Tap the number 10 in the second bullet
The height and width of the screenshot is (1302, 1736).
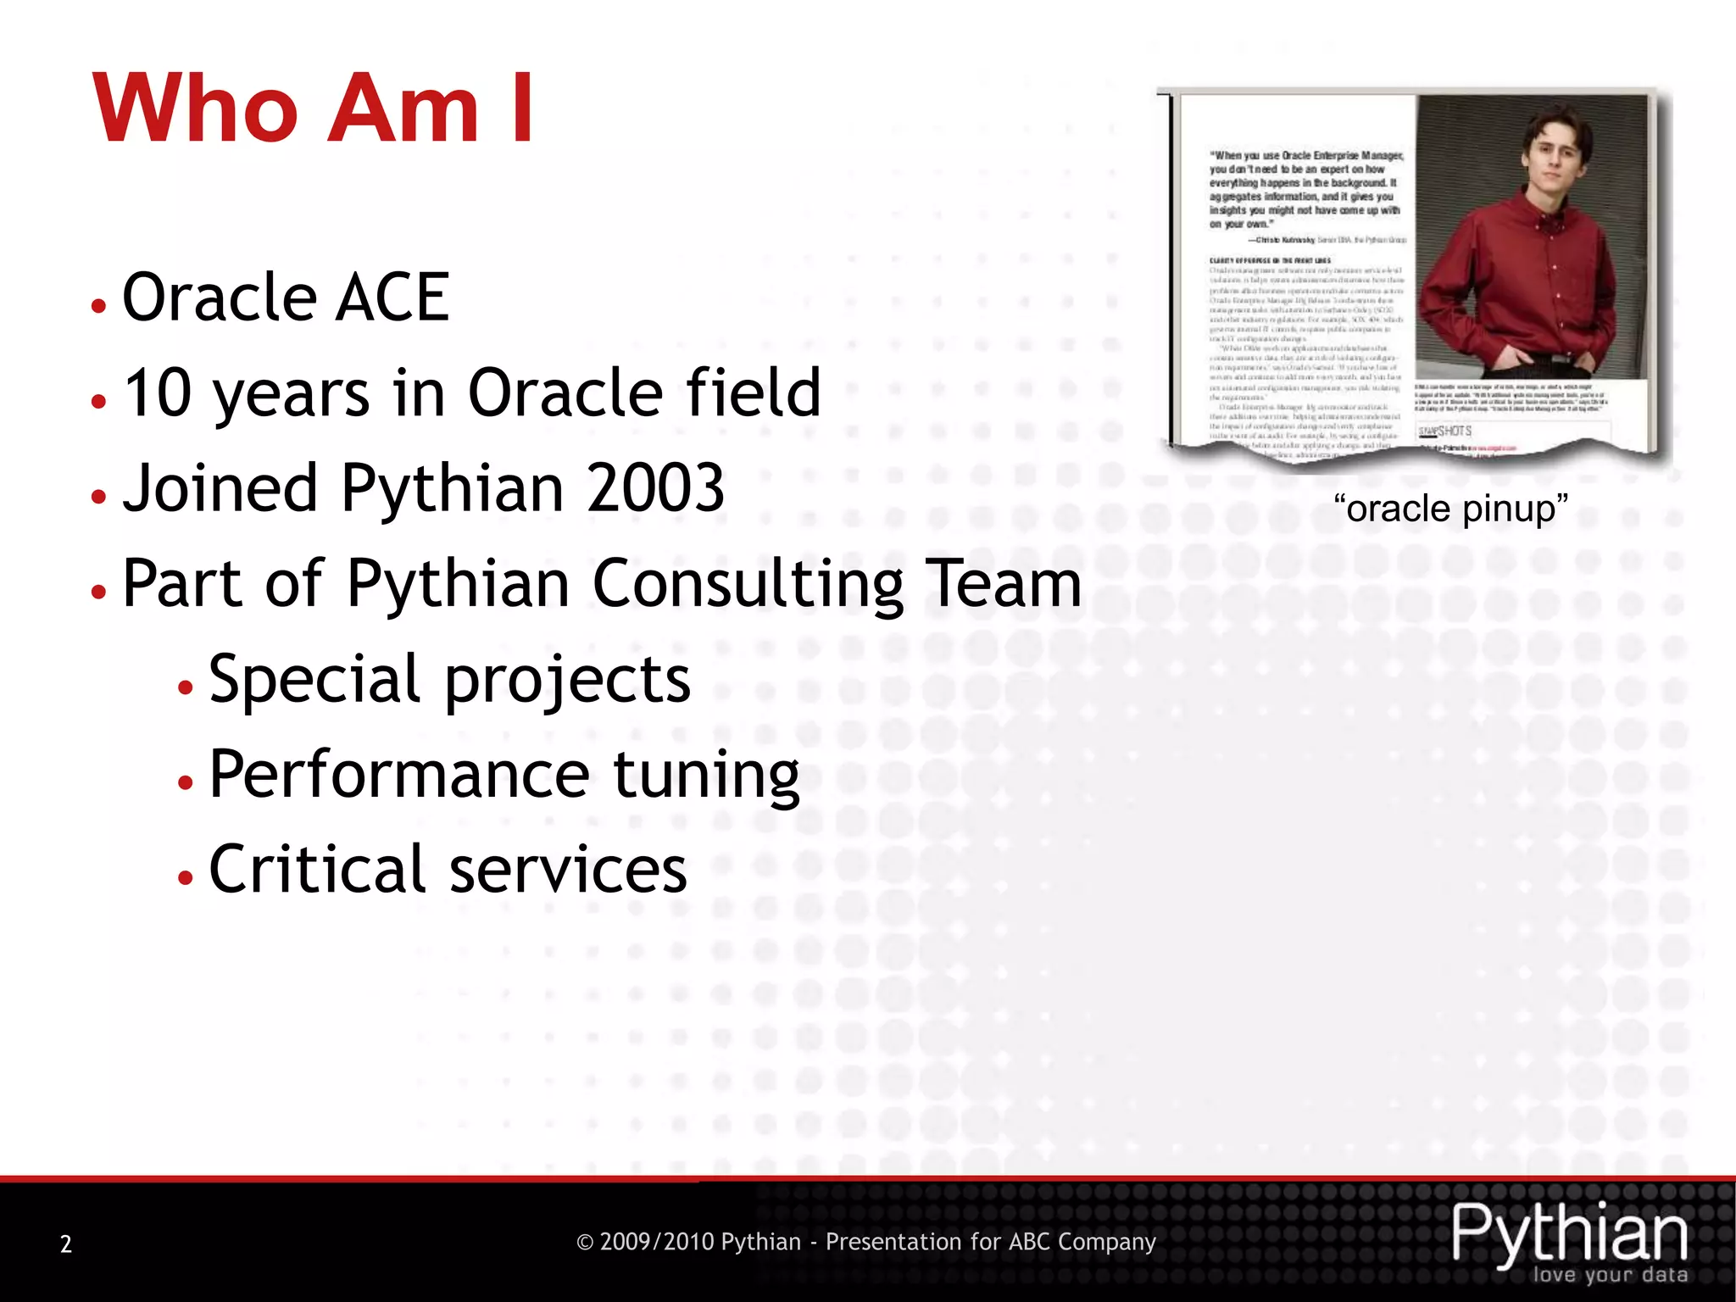(x=158, y=392)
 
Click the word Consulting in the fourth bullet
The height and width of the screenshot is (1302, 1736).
(x=748, y=585)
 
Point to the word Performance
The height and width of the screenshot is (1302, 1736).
(x=398, y=774)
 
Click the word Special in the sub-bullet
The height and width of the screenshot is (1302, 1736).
(x=314, y=680)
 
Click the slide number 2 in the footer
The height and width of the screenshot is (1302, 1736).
(x=66, y=1244)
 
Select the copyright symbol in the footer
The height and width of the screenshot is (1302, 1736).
(x=584, y=1243)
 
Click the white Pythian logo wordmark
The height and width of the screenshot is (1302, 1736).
(x=1569, y=1233)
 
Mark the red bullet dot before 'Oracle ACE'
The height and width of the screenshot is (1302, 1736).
(x=99, y=305)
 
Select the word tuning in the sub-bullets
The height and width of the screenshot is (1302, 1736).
(x=706, y=776)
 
